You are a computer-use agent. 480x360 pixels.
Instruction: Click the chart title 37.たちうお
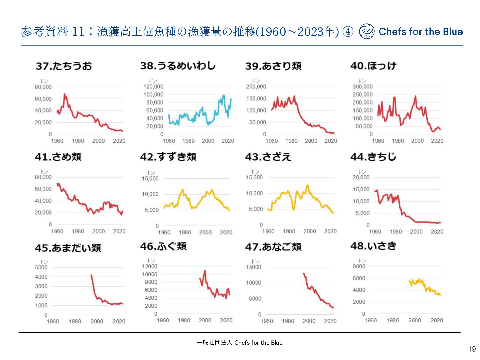(64, 66)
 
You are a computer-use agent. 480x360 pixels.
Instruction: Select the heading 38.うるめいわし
(178, 66)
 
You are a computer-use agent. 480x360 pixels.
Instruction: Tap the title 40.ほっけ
(373, 66)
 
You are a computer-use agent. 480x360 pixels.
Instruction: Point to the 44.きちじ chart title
(373, 157)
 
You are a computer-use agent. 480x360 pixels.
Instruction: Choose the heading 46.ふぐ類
(163, 246)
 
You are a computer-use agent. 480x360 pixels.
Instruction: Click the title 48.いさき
(373, 246)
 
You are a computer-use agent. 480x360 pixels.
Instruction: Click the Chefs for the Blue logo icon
(367, 31)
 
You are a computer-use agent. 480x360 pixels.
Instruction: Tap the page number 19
(472, 349)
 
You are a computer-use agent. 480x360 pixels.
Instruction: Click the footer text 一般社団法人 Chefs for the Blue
(239, 343)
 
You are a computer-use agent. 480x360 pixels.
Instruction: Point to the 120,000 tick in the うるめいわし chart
(153, 87)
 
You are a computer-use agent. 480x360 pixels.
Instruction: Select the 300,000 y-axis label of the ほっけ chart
(362, 87)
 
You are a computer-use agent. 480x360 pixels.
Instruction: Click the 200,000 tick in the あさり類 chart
(256, 87)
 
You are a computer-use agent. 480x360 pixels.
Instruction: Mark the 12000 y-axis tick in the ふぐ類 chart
(149, 266)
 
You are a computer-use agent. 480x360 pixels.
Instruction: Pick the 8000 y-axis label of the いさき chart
(359, 266)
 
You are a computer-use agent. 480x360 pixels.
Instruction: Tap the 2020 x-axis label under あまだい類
(119, 321)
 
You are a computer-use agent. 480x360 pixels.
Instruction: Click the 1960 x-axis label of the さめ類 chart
(57, 231)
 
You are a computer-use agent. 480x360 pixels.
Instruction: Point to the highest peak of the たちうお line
(64, 94)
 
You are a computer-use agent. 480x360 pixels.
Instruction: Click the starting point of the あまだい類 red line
(91, 275)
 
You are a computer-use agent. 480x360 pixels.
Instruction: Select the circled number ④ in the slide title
(348, 32)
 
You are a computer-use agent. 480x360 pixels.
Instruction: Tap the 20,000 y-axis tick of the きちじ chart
(361, 177)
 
